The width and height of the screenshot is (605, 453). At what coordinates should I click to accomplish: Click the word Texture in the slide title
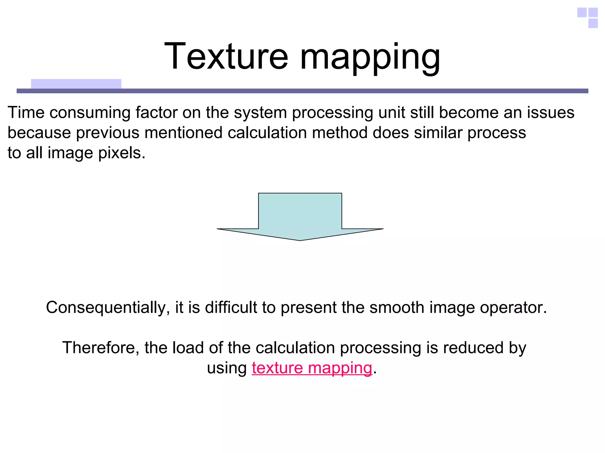point(226,56)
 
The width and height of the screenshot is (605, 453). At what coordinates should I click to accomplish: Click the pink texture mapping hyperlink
point(312,368)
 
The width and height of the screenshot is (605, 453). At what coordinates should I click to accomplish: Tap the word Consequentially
point(108,307)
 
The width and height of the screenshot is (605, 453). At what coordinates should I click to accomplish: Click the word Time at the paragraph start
point(26,113)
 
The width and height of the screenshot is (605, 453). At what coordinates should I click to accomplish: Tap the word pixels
point(122,153)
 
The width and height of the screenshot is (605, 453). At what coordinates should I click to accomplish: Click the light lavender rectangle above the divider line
point(76,84)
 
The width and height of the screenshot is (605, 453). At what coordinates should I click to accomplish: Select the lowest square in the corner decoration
point(593,23)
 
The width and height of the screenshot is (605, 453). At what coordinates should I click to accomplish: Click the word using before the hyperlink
point(227,368)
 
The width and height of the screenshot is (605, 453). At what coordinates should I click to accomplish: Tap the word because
point(39,133)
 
